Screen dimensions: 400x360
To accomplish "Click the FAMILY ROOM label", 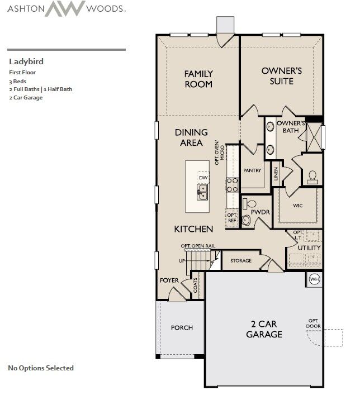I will click(198, 78).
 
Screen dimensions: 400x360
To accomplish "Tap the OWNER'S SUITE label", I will click(282, 76).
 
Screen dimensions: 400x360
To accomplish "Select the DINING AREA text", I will click(191, 137).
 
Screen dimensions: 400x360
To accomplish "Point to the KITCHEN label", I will click(193, 229).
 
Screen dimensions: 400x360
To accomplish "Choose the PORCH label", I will click(182, 328).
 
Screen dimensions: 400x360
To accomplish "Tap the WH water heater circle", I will click(314, 279).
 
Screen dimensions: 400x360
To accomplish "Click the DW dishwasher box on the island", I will click(203, 178).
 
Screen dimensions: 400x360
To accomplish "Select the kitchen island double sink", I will click(202, 193).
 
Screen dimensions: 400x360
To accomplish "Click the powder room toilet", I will click(250, 203).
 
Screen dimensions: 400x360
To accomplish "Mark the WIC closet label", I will click(298, 206).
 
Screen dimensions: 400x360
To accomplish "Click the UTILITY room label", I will click(309, 247).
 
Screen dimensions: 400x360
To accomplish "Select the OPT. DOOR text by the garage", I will click(313, 323).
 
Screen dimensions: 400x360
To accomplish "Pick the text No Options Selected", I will click(41, 368).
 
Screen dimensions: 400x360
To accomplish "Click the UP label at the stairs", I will click(181, 261).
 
